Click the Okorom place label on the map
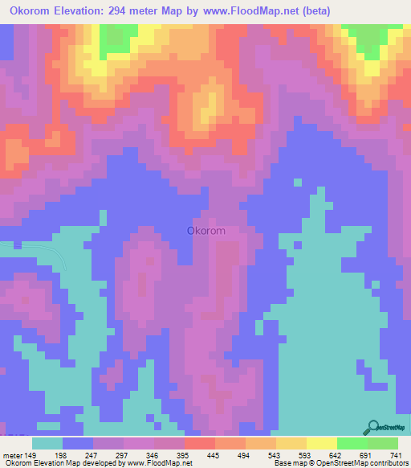(205, 231)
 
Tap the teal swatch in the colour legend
(47, 443)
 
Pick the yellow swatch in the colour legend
(321, 443)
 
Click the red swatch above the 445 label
(199, 443)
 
